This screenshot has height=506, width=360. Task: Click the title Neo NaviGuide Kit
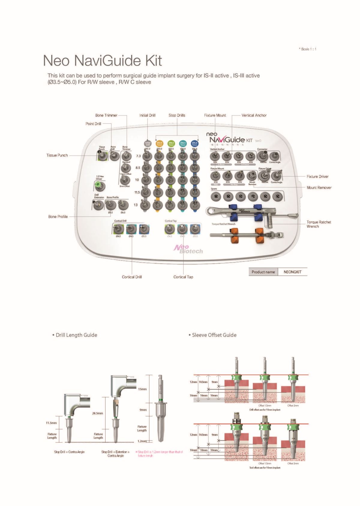click(x=102, y=61)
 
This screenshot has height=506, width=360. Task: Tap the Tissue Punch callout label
click(x=57, y=155)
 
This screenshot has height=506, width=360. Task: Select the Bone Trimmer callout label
click(x=106, y=115)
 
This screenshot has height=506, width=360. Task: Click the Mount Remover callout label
click(x=319, y=188)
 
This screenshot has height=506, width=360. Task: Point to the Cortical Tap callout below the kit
click(x=183, y=277)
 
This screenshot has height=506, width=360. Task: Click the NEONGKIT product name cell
click(x=292, y=272)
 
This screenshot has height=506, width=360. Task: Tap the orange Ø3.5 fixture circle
click(x=160, y=144)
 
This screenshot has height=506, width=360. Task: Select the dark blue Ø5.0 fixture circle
click(x=194, y=144)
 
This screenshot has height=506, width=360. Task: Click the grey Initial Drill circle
click(x=148, y=144)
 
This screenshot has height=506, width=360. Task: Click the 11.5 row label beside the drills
click(x=137, y=192)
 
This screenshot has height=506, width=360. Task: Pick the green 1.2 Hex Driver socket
click(x=99, y=186)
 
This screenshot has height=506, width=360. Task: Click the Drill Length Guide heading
click(x=76, y=335)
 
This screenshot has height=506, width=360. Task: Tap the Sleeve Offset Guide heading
click(x=214, y=335)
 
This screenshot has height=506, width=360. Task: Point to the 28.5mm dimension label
click(x=97, y=413)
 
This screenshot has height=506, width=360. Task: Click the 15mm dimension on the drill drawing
click(x=142, y=389)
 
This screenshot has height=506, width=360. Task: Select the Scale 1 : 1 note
click(x=307, y=49)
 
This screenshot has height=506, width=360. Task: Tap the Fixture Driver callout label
click(x=317, y=177)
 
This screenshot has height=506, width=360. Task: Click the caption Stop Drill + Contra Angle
click(x=69, y=452)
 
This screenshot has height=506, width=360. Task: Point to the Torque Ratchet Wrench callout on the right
click(x=319, y=224)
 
